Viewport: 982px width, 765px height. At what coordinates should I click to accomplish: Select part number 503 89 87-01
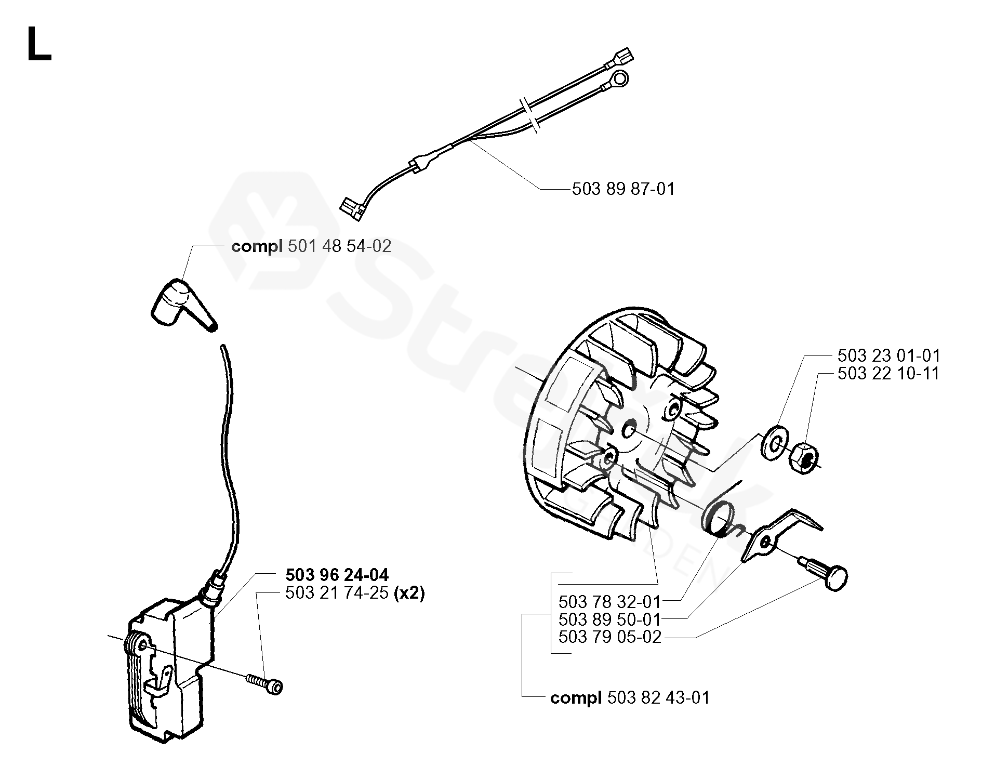pyautogui.click(x=623, y=189)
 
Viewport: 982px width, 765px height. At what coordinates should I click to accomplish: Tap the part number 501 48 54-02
pyautogui.click(x=339, y=246)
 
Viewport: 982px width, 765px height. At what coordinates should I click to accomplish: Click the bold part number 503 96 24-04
pyautogui.click(x=337, y=575)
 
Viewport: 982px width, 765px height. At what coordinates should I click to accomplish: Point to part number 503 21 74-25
pyautogui.click(x=337, y=592)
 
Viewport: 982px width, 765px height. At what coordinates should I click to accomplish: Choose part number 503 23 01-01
pyautogui.click(x=888, y=355)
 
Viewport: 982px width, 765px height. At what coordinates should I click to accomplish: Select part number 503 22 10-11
pyautogui.click(x=888, y=373)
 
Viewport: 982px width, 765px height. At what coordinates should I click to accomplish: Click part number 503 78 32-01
pyautogui.click(x=609, y=602)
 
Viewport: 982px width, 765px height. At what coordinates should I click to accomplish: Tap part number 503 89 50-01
pyautogui.click(x=609, y=619)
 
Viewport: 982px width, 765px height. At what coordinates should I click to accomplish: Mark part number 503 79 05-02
pyautogui.click(x=609, y=637)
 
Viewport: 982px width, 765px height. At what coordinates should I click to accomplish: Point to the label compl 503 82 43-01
pyautogui.click(x=630, y=697)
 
